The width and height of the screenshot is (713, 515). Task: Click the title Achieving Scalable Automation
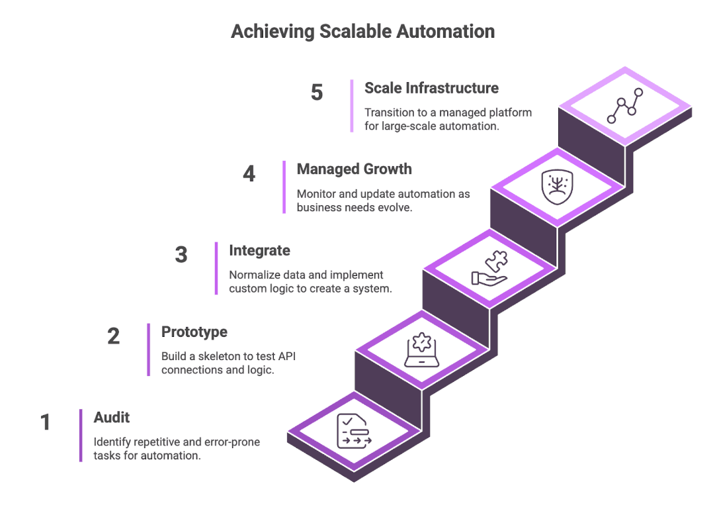click(362, 31)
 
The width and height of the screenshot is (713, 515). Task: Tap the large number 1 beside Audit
click(46, 422)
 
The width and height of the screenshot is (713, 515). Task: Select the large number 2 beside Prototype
click(114, 336)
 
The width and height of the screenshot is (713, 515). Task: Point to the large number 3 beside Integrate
click(181, 255)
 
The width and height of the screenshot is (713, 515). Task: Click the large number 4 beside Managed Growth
click(249, 174)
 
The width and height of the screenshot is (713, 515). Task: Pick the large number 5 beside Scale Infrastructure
click(317, 93)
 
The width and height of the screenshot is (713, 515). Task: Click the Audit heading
click(112, 418)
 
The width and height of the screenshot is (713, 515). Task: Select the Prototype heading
click(194, 332)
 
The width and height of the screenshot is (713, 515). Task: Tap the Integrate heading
click(259, 251)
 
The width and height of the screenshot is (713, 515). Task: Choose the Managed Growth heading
click(354, 169)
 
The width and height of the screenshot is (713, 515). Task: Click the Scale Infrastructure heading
click(431, 88)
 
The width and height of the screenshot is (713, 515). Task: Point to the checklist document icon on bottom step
click(354, 432)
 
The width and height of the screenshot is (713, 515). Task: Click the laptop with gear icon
click(421, 350)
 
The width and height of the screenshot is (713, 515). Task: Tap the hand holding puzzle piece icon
click(489, 269)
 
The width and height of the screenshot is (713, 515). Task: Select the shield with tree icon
click(556, 187)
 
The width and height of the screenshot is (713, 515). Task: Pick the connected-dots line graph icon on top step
click(624, 106)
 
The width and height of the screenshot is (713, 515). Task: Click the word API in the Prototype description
click(286, 357)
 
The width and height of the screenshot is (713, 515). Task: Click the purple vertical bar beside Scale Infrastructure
click(352, 106)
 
